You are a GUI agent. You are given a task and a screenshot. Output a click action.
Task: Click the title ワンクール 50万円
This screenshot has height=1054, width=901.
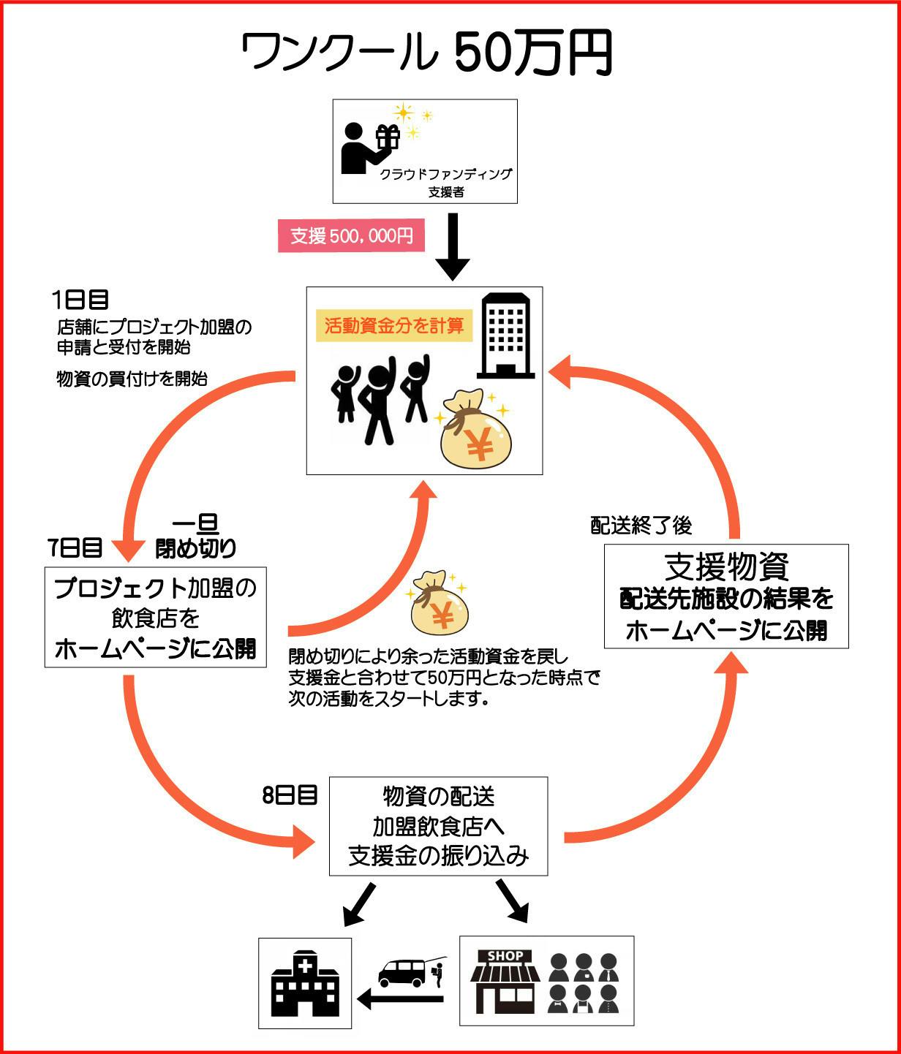click(x=426, y=53)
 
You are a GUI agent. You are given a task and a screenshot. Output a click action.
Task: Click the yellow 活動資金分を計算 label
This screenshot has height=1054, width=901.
click(x=393, y=326)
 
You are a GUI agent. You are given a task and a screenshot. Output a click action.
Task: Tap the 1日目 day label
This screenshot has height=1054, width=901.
click(x=80, y=299)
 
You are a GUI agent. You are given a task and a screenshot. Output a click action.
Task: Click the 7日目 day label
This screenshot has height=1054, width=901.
click(x=75, y=547)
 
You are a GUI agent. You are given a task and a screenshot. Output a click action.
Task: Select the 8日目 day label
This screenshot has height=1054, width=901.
click(x=290, y=795)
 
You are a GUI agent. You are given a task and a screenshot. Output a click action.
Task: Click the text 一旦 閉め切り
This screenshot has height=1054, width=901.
click(x=195, y=536)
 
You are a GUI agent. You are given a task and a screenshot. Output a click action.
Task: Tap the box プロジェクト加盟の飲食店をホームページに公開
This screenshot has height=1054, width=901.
click(x=156, y=617)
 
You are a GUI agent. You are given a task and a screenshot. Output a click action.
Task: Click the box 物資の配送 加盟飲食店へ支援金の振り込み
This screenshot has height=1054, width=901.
click(x=438, y=826)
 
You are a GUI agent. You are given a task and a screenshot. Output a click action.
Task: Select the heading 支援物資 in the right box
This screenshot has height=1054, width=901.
click(x=726, y=566)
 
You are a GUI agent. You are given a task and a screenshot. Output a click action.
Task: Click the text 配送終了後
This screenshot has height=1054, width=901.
click(x=641, y=526)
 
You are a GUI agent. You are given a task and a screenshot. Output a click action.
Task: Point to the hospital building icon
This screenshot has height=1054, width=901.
click(x=305, y=983)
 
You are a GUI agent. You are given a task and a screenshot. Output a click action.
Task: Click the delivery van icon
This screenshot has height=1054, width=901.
click(x=402, y=973)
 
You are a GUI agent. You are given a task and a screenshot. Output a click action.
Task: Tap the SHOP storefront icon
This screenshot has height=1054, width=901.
click(x=505, y=981)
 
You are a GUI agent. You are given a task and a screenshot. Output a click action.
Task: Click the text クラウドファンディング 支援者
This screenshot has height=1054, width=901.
click(x=445, y=183)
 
